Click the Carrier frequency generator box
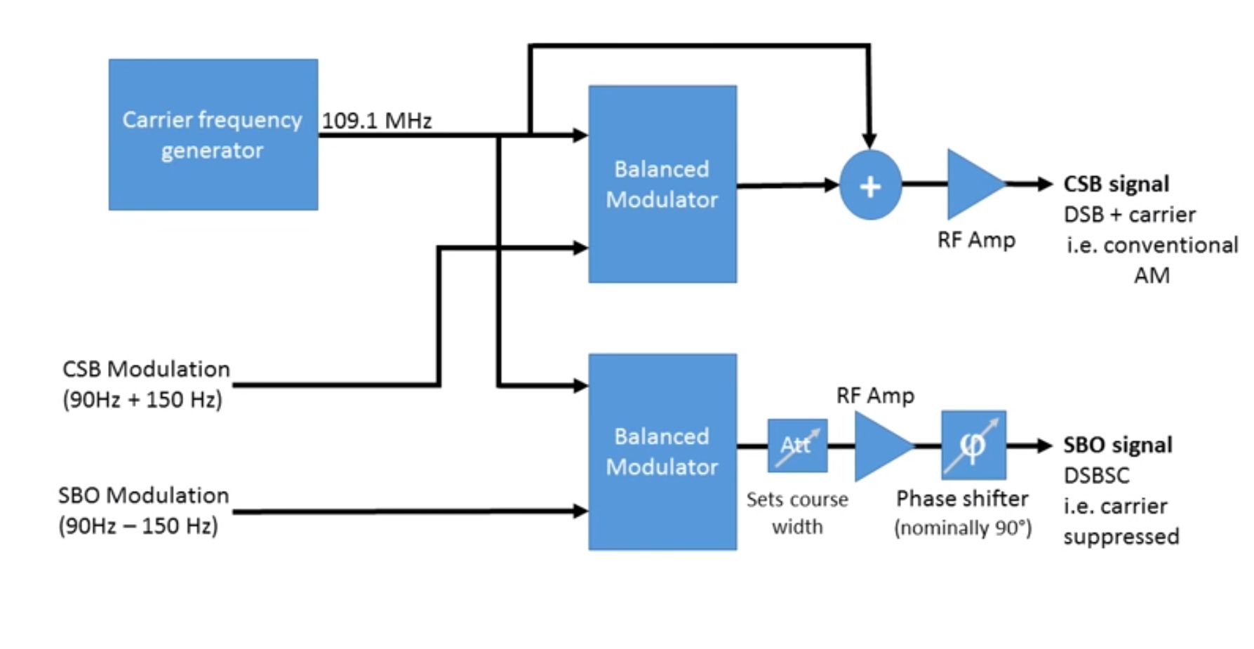coord(213,135)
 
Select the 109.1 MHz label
coord(377,121)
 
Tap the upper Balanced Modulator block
coord(662,185)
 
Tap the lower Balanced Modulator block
coord(662,452)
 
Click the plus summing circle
coord(870,186)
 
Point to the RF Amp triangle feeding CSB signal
coord(972,185)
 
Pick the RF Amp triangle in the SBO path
coord(880,446)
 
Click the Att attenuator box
coord(797,446)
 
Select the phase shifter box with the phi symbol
coord(973,446)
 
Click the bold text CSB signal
coord(1116,184)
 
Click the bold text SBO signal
coord(1117,445)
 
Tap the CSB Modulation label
coord(146,369)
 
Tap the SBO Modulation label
coord(143,495)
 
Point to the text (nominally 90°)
coord(962,528)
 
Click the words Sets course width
coord(797,513)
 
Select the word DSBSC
coord(1096,476)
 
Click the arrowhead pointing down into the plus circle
coord(869,140)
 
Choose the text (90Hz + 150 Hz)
coord(142,399)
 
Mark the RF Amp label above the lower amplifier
coord(875,396)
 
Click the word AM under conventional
coord(1152,275)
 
